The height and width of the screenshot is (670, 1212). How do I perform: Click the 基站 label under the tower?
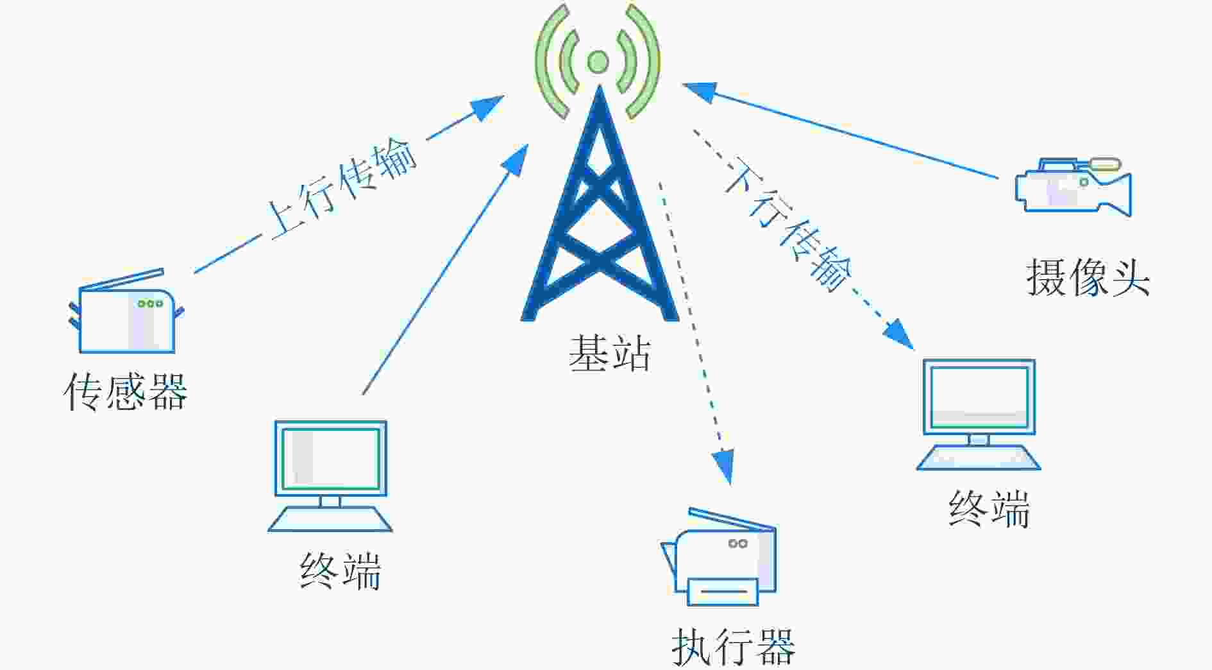[x=610, y=353]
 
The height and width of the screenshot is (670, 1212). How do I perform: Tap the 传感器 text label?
[x=126, y=391]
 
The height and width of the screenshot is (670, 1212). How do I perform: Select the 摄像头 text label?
[x=1088, y=277]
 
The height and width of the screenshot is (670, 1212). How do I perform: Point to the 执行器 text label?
[x=734, y=646]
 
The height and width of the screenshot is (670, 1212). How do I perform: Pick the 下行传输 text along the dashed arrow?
[x=789, y=223]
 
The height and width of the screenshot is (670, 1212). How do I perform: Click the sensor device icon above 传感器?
[x=126, y=311]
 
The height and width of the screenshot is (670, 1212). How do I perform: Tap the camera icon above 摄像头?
[x=1073, y=186]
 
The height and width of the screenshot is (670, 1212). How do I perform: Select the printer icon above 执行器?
[x=719, y=557]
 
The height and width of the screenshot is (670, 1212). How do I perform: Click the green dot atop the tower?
[x=598, y=62]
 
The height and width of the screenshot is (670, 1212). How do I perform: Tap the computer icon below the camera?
[x=979, y=415]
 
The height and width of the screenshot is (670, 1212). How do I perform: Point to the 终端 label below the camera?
[x=989, y=509]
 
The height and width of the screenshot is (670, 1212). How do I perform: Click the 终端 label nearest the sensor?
[x=341, y=571]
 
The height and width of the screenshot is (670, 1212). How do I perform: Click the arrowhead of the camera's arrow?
[x=699, y=92]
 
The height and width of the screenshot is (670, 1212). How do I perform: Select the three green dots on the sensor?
[x=150, y=304]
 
